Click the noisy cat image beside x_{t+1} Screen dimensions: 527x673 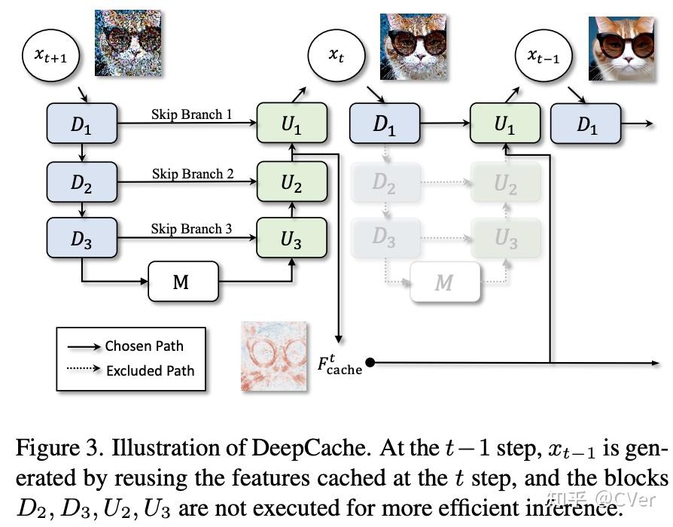pos(128,43)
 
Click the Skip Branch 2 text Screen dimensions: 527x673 pos(193,173)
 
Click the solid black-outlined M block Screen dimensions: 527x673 pos(183,282)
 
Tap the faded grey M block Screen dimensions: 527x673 pos(444,282)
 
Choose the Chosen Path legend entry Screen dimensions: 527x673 pos(144,346)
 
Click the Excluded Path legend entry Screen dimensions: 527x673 pos(150,370)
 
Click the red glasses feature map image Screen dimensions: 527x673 pos(274,356)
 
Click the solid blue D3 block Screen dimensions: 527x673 pos(81,238)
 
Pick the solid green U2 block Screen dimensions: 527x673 pos(292,183)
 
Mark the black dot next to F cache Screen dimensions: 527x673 pos(370,364)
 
